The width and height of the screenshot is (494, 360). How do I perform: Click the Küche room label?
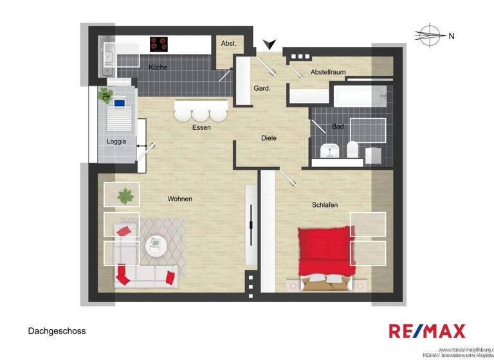[x=158, y=67]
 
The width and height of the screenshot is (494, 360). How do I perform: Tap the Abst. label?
[x=228, y=43]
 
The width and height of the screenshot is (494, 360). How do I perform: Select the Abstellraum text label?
[x=328, y=72]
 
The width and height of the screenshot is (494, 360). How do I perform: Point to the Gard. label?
[x=261, y=88]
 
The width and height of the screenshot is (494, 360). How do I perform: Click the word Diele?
[x=269, y=138]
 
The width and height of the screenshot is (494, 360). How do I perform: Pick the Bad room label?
[x=338, y=126]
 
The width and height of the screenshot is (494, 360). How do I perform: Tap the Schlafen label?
[x=325, y=204]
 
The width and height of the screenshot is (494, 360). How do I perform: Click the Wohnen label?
[x=180, y=199]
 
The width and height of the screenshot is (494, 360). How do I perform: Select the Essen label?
[x=201, y=127]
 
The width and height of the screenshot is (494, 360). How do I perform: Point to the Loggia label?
[x=116, y=141]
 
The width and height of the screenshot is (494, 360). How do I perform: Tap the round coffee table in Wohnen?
[x=155, y=245]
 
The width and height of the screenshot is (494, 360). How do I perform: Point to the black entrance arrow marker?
[x=271, y=44]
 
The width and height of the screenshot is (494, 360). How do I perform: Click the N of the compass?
[x=452, y=36]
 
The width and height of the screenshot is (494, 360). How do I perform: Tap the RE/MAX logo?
[x=426, y=332]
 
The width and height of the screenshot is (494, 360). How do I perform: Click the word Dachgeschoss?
[x=57, y=331]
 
